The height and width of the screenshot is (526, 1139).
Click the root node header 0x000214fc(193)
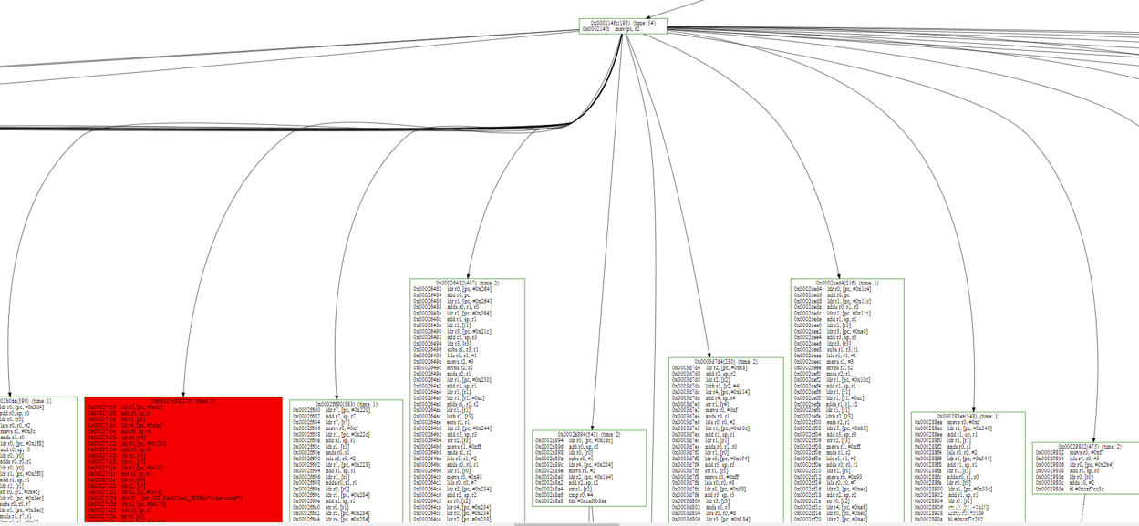point(623,23)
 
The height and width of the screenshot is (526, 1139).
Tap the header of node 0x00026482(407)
point(468,284)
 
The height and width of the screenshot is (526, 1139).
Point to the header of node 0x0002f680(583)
point(346,404)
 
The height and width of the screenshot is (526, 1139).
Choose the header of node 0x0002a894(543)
point(589,434)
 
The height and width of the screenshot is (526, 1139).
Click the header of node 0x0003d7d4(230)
point(725,362)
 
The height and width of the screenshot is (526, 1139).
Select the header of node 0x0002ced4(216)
point(847,284)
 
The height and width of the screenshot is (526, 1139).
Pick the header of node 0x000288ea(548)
point(968,417)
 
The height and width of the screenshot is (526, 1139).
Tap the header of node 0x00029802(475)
point(1086,447)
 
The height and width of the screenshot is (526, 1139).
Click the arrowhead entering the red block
point(183,394)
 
